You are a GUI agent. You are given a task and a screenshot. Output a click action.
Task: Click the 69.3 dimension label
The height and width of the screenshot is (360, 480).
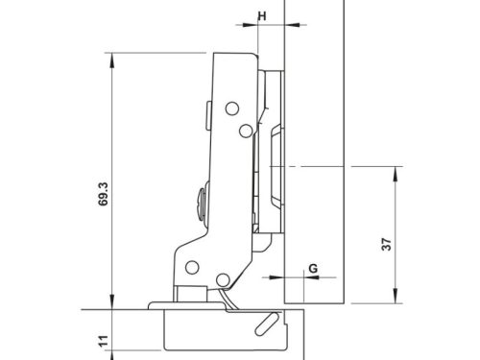point(104,194)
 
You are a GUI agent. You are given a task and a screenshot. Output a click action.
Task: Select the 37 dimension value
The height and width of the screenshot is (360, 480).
point(387,244)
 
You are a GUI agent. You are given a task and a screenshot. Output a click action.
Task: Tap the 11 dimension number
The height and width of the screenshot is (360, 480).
point(104,341)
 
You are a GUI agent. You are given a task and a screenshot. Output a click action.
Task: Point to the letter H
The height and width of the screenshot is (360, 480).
point(262,16)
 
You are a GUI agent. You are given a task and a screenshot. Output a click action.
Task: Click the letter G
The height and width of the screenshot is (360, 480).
point(313,268)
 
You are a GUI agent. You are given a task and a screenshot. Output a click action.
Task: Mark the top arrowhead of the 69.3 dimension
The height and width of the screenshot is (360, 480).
point(111,60)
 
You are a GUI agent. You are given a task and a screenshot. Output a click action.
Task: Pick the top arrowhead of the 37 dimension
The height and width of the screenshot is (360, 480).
point(396,175)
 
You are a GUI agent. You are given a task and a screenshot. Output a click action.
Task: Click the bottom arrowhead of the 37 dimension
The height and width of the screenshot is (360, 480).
point(396,296)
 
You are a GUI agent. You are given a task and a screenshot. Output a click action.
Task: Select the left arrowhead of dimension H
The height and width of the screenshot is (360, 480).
point(251,25)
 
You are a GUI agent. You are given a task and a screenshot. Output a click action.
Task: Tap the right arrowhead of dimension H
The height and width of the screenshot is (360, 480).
point(292,25)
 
